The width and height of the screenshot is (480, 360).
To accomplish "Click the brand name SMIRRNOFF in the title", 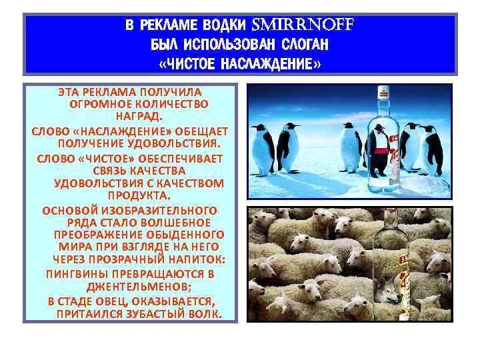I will coord(303,25).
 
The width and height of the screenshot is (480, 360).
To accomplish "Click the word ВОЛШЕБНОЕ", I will coord(179,222).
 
